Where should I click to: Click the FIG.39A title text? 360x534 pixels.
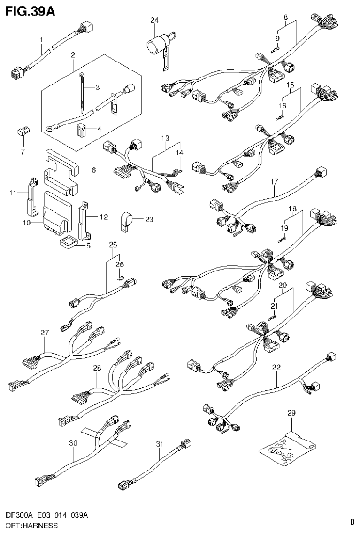click(30, 11)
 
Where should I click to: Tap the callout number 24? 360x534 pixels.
click(154, 20)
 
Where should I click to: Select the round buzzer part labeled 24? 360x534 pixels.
click(156, 45)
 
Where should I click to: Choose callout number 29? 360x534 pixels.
click(291, 413)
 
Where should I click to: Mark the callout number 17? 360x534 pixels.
click(275, 181)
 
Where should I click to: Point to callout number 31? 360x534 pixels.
click(160, 443)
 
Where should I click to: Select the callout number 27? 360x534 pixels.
click(45, 333)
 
